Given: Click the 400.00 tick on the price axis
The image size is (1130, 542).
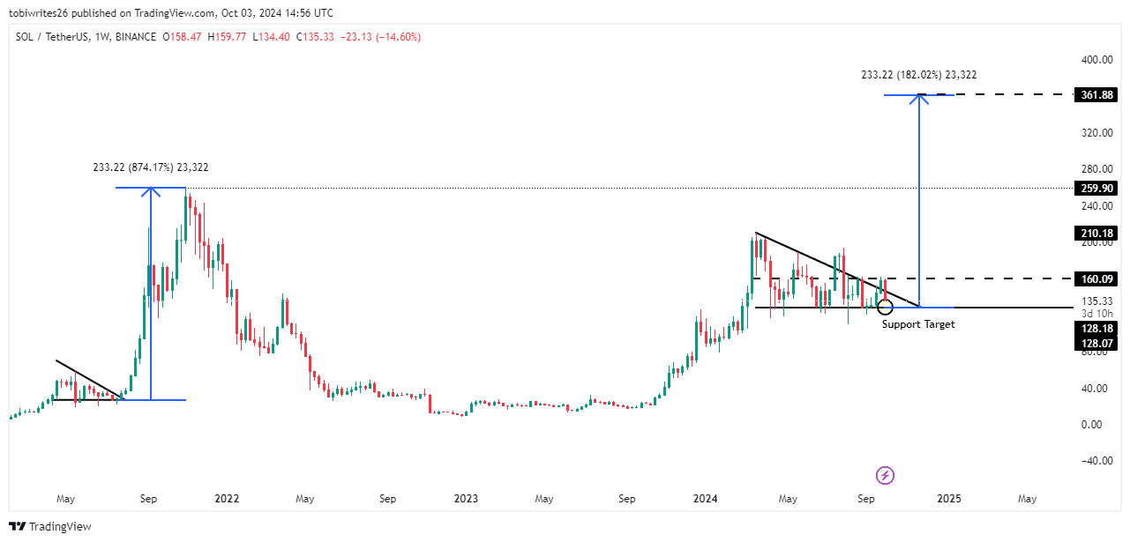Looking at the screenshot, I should pos(1094,60).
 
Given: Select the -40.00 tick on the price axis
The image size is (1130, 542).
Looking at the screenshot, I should pos(1094,461).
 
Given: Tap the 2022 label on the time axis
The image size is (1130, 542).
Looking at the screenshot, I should pos(227,499).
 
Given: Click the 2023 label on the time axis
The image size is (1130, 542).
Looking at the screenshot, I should pos(466,499).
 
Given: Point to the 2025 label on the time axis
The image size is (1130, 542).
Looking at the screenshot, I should pos(948,499).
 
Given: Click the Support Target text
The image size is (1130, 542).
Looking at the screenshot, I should pos(917,324).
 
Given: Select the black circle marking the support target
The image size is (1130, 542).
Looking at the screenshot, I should pos(885,307).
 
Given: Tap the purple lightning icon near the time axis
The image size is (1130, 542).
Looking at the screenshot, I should pos(886,476).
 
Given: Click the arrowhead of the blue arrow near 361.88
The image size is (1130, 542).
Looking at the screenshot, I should pos(920,98).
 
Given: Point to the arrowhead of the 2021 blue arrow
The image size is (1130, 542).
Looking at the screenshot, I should pos(151,191).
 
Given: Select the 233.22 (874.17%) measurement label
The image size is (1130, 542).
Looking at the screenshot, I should pos(150,167).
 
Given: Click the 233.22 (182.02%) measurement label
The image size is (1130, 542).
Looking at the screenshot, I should pos(918,76).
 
